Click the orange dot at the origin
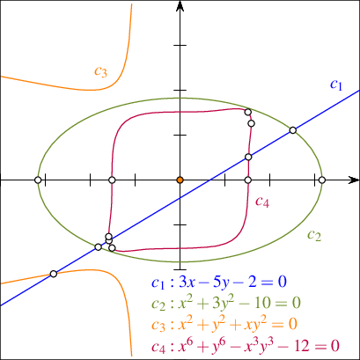click(x=180, y=180)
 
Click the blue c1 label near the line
click(x=336, y=84)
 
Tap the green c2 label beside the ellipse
click(x=314, y=235)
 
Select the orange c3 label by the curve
click(x=100, y=71)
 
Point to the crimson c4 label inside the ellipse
click(x=262, y=202)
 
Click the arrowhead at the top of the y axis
click(x=180, y=6)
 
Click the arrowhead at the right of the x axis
click(x=354, y=180)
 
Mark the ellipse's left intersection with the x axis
click(x=38, y=180)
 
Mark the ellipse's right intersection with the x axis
click(x=322, y=180)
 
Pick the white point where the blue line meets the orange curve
click(x=53, y=274)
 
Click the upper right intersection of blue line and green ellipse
click(x=292, y=130)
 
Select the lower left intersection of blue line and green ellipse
click(x=99, y=247)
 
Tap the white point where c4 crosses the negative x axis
click(x=112, y=180)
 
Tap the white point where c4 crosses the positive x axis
click(x=248, y=180)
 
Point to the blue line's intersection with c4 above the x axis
click(x=248, y=157)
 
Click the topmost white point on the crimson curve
click(x=248, y=112)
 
